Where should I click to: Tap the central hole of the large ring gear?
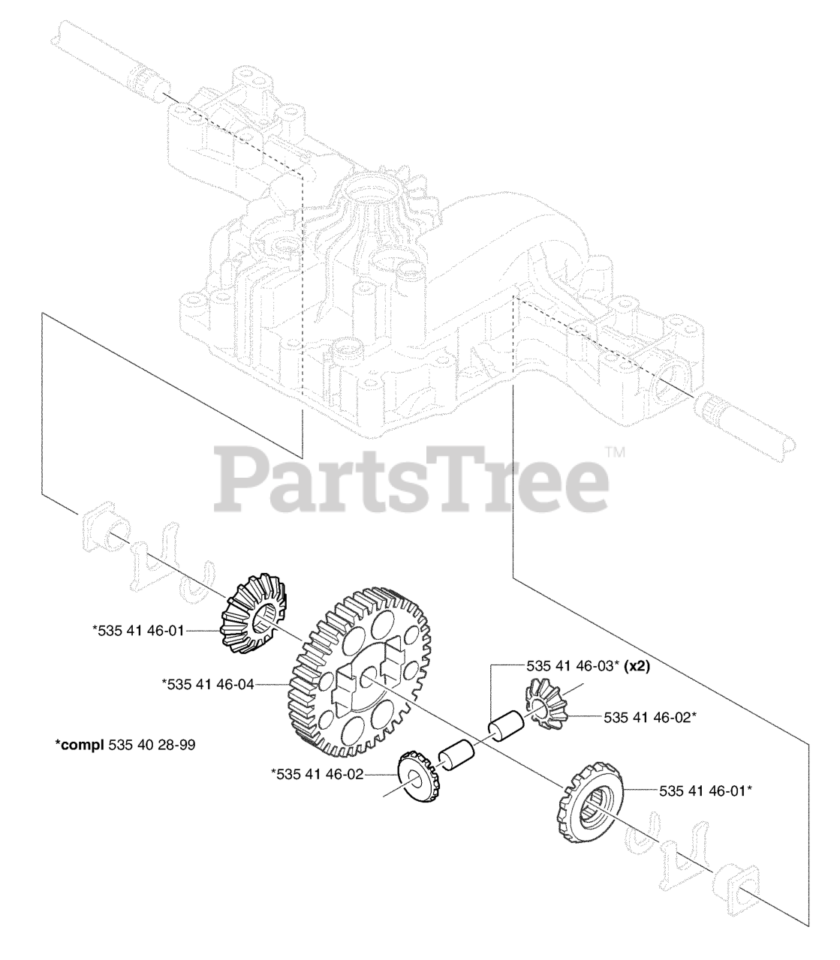pos(366,679)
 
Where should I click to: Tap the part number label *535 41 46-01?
pos(137,631)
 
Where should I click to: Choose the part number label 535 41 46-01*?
pos(706,790)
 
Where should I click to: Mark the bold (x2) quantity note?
pos(635,665)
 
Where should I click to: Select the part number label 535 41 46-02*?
pos(650,717)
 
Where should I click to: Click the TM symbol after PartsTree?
pos(615,453)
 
